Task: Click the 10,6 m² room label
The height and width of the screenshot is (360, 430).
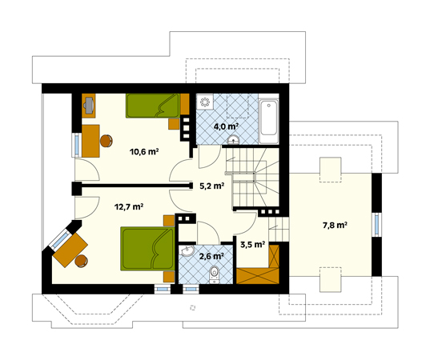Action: (144, 151)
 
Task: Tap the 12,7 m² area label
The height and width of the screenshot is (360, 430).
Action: (129, 206)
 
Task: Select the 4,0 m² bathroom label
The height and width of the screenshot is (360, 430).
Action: (226, 126)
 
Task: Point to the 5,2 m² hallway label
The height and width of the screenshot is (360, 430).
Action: (212, 186)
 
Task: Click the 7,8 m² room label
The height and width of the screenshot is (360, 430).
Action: (336, 226)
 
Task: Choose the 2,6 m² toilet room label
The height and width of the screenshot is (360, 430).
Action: (211, 257)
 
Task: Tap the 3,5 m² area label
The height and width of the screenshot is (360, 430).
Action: (252, 244)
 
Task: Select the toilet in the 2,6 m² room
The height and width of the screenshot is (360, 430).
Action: (214, 274)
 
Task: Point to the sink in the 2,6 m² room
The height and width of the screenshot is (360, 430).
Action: (187, 250)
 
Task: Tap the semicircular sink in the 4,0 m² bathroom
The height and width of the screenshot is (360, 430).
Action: (234, 140)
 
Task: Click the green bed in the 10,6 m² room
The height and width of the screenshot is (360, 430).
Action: (153, 106)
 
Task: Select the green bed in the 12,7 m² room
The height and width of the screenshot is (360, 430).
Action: (147, 249)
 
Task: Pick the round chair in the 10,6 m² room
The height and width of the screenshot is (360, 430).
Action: (106, 141)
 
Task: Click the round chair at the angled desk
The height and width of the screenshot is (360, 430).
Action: (82, 261)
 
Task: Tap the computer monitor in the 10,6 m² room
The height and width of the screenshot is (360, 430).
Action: (89, 106)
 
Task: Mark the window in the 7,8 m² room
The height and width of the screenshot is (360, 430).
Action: (377, 224)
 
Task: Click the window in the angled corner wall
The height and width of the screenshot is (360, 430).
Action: (61, 240)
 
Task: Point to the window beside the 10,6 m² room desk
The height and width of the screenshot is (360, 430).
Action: (77, 145)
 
